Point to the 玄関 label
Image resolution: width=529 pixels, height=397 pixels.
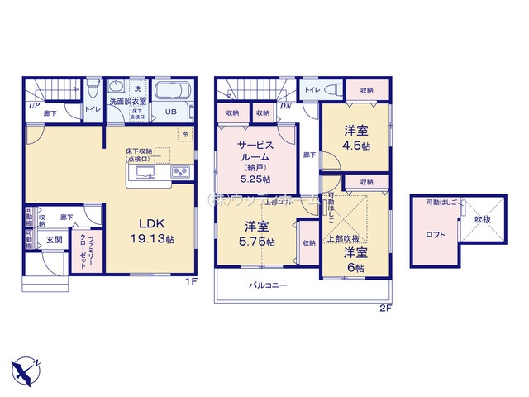[x=55, y=239]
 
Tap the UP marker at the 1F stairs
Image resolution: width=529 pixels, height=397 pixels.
[x=34, y=106]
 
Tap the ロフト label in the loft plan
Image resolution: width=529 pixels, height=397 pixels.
[x=436, y=234]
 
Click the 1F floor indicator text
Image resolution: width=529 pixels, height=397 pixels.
[x=190, y=282]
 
